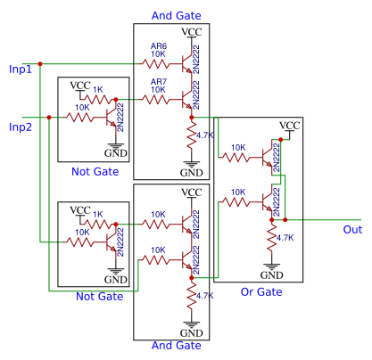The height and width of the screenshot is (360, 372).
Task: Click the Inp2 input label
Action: [x=21, y=127]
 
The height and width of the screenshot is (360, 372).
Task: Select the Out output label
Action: [x=352, y=230]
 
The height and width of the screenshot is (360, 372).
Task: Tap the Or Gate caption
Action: [x=261, y=292]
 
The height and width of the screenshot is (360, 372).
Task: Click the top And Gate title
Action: [x=177, y=15]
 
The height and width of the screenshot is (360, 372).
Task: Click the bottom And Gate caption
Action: [x=176, y=346]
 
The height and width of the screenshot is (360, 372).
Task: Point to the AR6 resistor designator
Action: [x=158, y=45]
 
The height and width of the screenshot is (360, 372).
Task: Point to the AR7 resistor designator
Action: [x=158, y=80]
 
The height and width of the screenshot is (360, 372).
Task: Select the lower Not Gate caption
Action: [x=99, y=297]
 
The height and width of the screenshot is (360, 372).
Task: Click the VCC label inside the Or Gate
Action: [x=289, y=126]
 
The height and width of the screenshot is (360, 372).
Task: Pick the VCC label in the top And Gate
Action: [x=191, y=32]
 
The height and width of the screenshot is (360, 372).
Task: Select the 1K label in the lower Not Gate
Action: [x=98, y=214]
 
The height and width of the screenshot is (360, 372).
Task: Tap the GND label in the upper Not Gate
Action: [x=116, y=153]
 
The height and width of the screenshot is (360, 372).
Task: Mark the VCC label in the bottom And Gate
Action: [x=191, y=192]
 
